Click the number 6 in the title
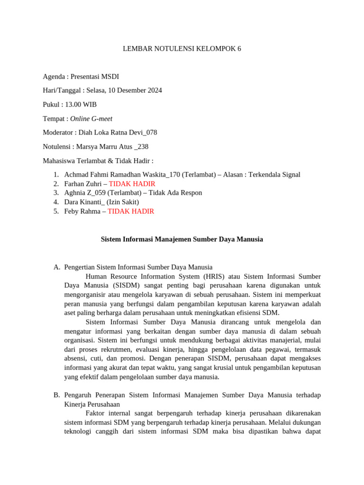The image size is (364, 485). (x=239, y=49)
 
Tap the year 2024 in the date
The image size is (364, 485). (x=154, y=90)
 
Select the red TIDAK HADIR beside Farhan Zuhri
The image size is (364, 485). (x=132, y=184)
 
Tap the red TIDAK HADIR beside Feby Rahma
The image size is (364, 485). (x=131, y=212)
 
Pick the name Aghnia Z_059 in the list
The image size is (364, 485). (x=84, y=193)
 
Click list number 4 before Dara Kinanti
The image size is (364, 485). (x=56, y=202)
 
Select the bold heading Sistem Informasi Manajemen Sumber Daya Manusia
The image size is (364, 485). (x=182, y=240)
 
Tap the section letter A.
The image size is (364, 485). (x=56, y=267)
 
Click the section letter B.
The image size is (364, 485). (x=56, y=395)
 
